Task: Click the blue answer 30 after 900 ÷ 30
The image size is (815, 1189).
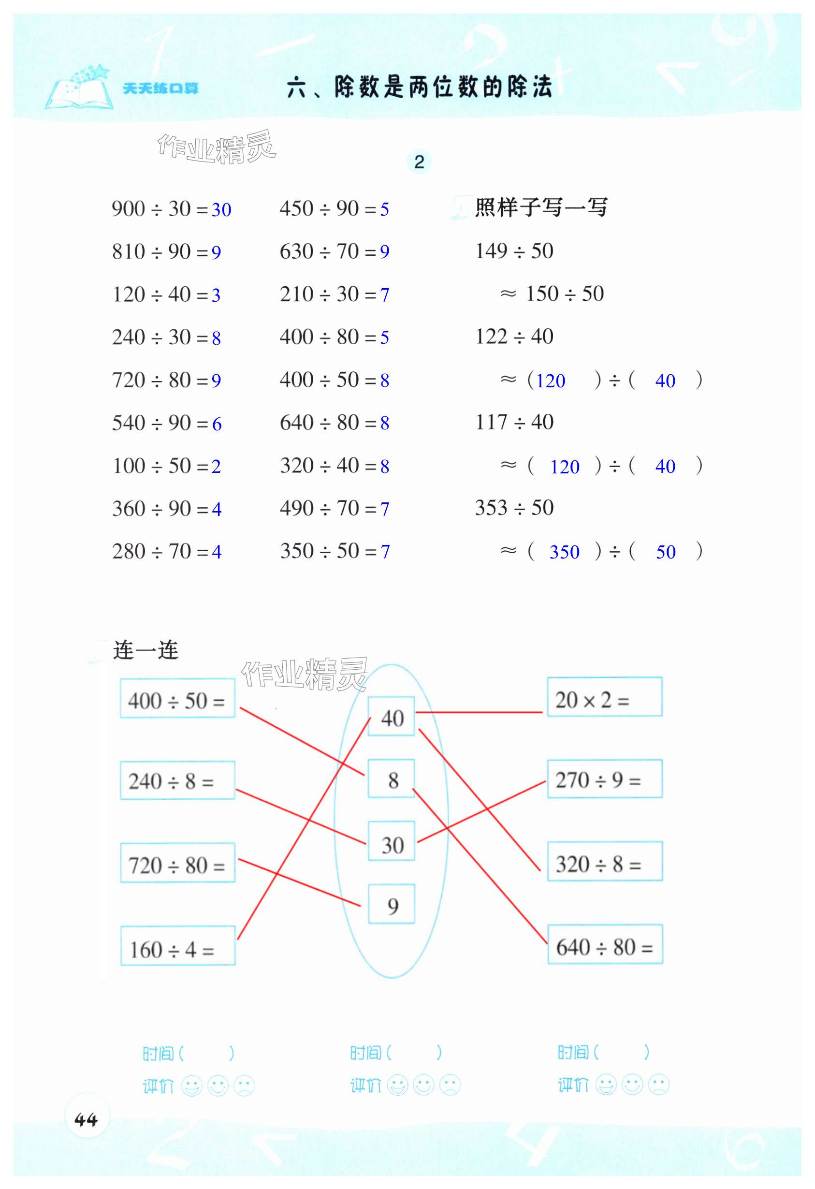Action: coord(221,210)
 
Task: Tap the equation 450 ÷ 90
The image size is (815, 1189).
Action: coord(327,209)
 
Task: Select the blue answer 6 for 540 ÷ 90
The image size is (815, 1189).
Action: coord(217,424)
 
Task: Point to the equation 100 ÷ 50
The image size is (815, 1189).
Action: coord(159,466)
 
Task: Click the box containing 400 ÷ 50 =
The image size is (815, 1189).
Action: coord(177,698)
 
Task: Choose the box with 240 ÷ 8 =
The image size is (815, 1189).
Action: coord(177,780)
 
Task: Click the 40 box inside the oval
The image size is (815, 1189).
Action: coord(392,717)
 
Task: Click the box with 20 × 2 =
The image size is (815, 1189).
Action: coord(605,697)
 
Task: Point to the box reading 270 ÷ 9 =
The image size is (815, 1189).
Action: coord(605,779)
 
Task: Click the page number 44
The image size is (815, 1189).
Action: coord(86,1120)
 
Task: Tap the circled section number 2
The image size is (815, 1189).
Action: coord(419,162)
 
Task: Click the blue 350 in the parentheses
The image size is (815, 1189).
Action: coord(564,552)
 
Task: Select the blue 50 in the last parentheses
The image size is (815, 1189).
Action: coord(666,552)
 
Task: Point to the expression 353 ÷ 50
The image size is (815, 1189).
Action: coord(514,508)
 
